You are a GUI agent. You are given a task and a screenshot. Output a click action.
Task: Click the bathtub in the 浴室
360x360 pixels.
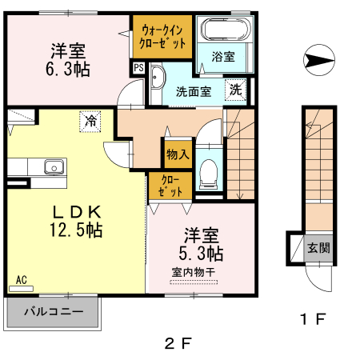coord(226,30)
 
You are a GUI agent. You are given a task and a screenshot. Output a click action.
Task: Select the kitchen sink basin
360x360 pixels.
coord(54,166)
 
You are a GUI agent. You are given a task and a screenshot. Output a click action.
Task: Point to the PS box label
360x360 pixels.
coord(138,68)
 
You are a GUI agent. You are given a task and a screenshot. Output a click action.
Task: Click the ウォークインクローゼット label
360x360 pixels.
coord(162,37)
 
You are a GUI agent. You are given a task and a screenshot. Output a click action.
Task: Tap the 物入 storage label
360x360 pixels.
coord(178,154)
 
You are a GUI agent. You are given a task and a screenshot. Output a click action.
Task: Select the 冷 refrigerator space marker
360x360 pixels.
coord(90,122)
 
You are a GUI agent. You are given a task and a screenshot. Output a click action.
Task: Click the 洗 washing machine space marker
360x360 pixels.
coord(235,90)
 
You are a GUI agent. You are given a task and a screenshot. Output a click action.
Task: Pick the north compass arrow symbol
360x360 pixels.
coord(319,60)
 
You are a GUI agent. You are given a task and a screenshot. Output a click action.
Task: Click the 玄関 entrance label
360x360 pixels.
coord(318,248)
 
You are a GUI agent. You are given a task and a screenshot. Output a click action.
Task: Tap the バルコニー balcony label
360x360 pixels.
coord(54,311)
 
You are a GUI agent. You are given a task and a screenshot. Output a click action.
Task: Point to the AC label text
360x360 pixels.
coord(22,280)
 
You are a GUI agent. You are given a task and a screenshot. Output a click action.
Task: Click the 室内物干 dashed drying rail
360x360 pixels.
coord(194,282)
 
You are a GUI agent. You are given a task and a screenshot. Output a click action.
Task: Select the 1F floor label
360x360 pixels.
coord(313,319)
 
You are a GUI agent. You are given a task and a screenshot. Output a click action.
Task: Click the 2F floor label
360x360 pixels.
coord(178,343)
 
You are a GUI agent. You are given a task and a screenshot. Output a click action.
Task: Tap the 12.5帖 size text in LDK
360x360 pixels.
coord(76,230)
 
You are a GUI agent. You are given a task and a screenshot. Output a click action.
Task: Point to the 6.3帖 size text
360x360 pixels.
coord(68,70)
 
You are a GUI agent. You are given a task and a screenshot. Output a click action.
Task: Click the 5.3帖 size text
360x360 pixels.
coord(201,254)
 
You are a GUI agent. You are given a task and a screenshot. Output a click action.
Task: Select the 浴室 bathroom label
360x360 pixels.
coord(223,57)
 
